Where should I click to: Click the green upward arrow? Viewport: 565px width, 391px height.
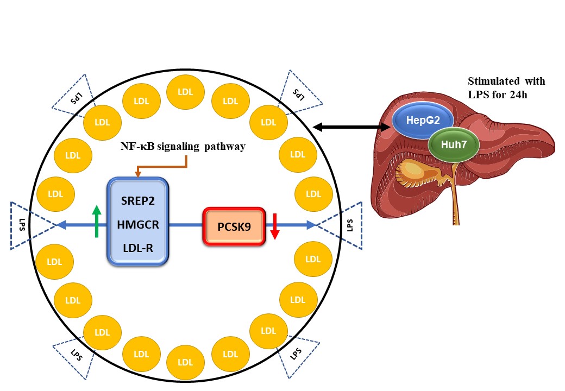click(x=96, y=223)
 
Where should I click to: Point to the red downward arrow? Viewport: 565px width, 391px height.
click(x=274, y=226)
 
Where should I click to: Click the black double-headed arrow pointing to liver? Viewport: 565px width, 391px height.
click(x=353, y=128)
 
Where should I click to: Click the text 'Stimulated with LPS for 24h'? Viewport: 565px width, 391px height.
click(x=506, y=87)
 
